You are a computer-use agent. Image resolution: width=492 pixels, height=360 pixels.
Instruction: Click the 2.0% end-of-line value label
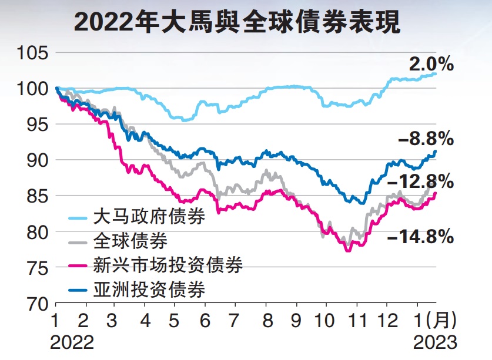click(x=431, y=63)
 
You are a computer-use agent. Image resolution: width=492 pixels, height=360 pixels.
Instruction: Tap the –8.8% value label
click(x=426, y=139)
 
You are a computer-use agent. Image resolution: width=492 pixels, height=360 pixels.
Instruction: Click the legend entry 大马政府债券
click(x=149, y=217)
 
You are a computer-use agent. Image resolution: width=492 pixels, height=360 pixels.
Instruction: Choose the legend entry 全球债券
click(x=130, y=240)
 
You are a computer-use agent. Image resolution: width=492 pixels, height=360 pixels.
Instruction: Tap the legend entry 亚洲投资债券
click(x=149, y=289)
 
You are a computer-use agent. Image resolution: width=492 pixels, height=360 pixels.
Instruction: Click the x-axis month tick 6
click(x=205, y=322)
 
